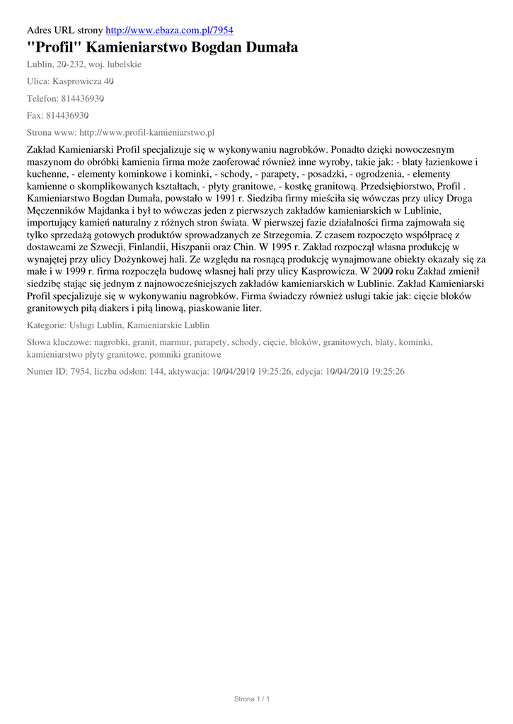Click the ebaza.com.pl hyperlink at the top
pos(169,30)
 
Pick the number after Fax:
pos(67,115)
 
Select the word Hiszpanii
pos(211,247)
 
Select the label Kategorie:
pos(45,326)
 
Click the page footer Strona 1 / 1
pos(253,699)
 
